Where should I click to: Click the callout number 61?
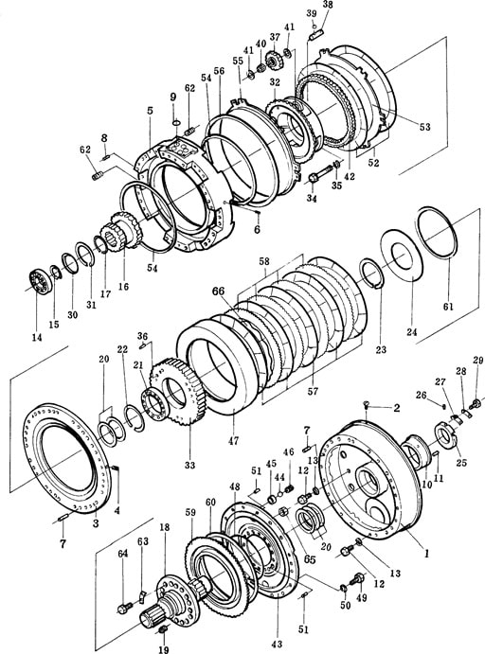[448, 307]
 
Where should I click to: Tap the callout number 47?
[233, 440]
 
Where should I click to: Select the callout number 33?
[189, 464]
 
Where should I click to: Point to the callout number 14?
[37, 338]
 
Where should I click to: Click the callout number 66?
[218, 292]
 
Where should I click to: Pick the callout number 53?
[425, 127]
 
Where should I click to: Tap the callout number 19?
[164, 649]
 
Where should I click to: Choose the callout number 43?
[277, 644]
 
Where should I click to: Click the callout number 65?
[309, 559]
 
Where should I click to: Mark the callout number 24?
[411, 332]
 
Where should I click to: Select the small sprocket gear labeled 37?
[274, 61]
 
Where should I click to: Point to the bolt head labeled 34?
[314, 179]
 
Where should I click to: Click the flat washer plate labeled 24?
[401, 258]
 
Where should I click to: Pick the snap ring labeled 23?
[372, 274]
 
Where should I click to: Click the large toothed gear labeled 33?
[180, 392]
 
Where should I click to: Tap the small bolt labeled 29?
[475, 403]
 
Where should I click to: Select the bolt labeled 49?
[358, 578]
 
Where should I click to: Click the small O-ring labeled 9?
[176, 122]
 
